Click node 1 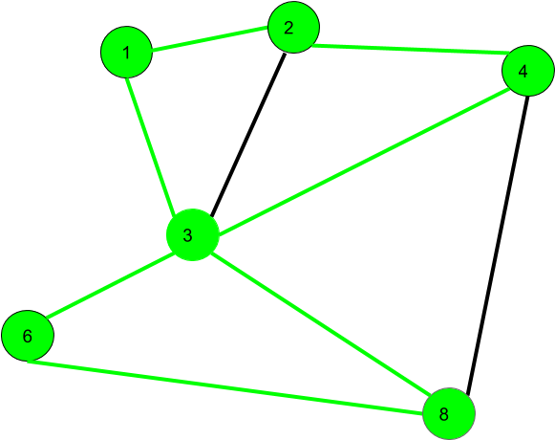pos(127,52)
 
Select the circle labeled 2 pos(294,28)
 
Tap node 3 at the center pos(193,234)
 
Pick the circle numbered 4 pos(528,71)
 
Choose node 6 pos(28,336)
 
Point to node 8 pos(449,414)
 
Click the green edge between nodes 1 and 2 pos(210,38)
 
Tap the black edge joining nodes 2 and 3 pos(248,134)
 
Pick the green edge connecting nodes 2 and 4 pos(411,50)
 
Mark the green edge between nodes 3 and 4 pos(364,162)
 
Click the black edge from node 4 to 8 pos(498,246)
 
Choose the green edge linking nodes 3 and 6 pos(109,286)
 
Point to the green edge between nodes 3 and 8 pos(321,324)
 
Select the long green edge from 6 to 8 pos(225,387)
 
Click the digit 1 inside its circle pos(126,53)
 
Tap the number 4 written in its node pos(523,72)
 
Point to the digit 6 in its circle pos(28,336)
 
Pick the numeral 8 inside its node pos(444,414)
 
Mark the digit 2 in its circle pos(288,28)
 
